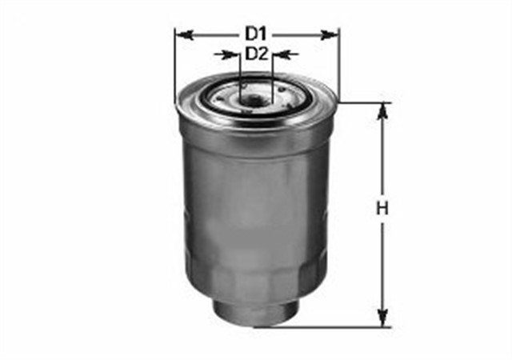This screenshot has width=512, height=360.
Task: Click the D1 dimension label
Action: coord(256,34)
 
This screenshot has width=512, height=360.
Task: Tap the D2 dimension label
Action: coord(256,54)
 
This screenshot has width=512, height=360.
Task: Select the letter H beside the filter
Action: coord(382,209)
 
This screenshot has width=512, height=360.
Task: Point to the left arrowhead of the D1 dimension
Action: coord(185,35)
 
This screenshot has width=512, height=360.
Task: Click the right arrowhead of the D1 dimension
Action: coord(330,35)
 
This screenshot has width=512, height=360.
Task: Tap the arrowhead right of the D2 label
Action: coord(282,55)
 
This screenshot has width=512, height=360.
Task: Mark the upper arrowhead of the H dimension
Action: coord(382,112)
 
